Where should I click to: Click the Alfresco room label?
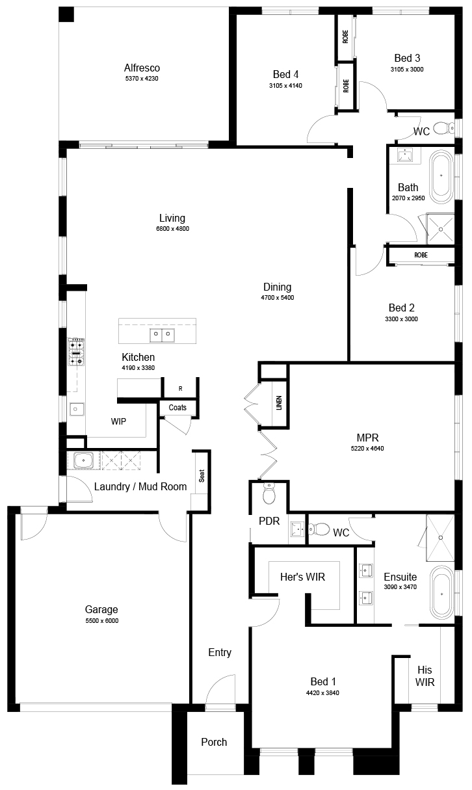pyautogui.click(x=142, y=68)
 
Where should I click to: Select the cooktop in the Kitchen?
pyautogui.click(x=76, y=352)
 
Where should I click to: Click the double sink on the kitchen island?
pyautogui.click(x=162, y=336)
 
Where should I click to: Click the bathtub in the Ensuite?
pyautogui.click(x=441, y=594)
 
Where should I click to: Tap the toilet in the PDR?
pyautogui.click(x=269, y=494)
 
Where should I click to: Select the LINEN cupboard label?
pyautogui.click(x=279, y=402)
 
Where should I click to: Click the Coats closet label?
pyautogui.click(x=177, y=407)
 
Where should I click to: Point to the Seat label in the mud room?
pyautogui.click(x=202, y=476)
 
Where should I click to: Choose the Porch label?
pyautogui.click(x=214, y=742)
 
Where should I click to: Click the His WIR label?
pyautogui.click(x=425, y=676)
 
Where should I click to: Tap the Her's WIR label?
pyautogui.click(x=302, y=577)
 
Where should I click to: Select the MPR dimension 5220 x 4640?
pyautogui.click(x=367, y=448)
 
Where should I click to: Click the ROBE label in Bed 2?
pyautogui.click(x=421, y=255)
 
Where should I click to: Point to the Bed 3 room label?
pyautogui.click(x=407, y=58)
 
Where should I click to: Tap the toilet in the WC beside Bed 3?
pyautogui.click(x=444, y=127)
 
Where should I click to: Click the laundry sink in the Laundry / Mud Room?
pyautogui.click(x=83, y=460)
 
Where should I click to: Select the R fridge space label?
pyautogui.click(x=181, y=389)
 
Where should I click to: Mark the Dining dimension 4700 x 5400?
pyautogui.click(x=277, y=297)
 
